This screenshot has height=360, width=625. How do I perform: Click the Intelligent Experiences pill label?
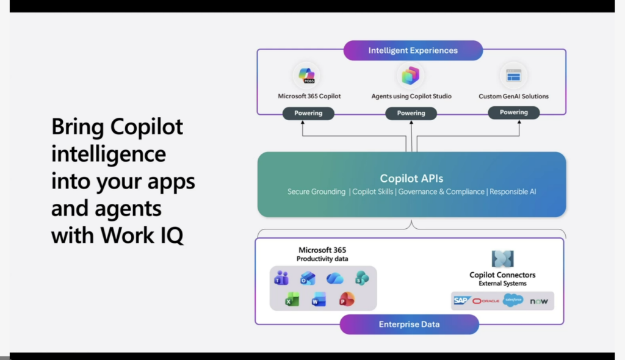[413, 51]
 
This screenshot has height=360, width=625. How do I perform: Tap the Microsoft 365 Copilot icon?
[306, 76]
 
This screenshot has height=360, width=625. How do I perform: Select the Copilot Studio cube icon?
[410, 76]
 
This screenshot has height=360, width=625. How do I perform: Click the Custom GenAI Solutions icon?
[513, 76]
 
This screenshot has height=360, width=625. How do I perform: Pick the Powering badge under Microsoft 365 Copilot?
[308, 113]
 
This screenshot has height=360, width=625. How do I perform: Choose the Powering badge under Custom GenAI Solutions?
[514, 112]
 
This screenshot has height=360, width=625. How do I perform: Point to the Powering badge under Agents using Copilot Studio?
[411, 113]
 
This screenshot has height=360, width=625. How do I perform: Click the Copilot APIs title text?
[411, 179]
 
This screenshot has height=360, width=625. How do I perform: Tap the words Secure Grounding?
[316, 192]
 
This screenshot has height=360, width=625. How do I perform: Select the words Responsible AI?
[513, 192]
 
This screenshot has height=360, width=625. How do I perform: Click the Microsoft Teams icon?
[281, 278]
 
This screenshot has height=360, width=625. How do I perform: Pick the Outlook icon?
[308, 278]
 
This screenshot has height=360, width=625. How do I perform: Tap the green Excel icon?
[292, 300]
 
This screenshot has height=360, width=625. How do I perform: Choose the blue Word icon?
[319, 300]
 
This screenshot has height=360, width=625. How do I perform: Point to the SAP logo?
[461, 300]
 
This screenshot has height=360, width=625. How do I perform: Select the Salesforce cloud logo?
[513, 300]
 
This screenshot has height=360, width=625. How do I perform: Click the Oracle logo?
[486, 301]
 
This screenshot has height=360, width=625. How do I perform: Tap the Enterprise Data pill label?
[409, 325]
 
